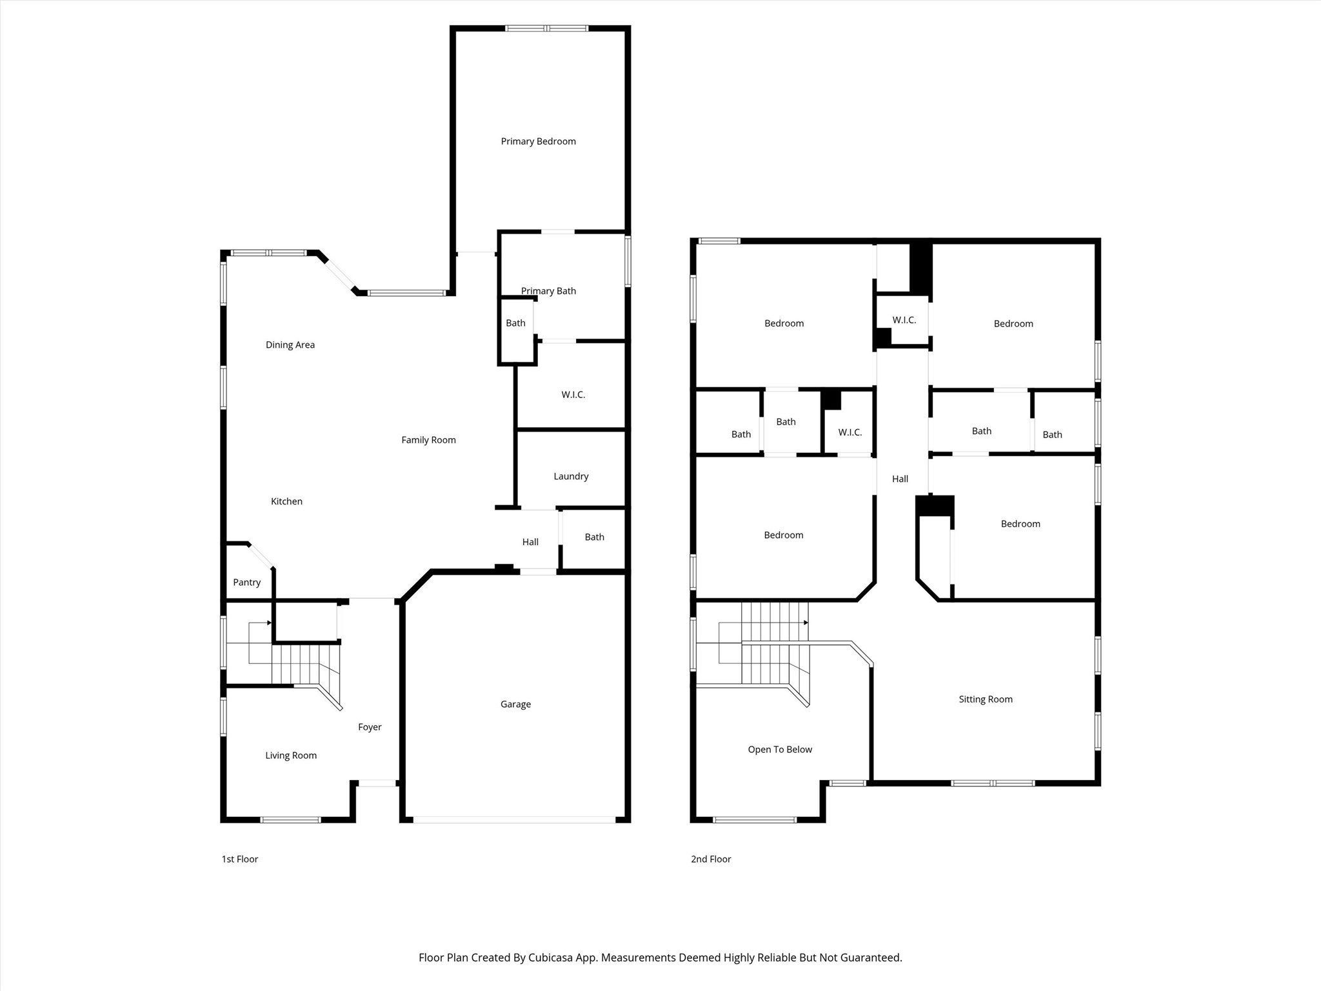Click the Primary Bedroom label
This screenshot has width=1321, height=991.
point(538,141)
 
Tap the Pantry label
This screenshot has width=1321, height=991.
point(246,582)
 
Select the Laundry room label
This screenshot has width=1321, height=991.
point(571,476)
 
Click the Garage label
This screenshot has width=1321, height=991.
point(515,704)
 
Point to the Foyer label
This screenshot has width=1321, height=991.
point(370,726)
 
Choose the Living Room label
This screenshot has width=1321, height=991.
point(291,755)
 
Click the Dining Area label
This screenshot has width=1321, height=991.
point(290,345)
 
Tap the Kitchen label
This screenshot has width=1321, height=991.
point(286,501)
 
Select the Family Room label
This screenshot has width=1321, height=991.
point(428,439)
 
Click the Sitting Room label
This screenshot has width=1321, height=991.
point(985,699)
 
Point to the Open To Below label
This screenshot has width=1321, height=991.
point(780,749)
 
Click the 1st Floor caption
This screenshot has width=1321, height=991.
point(240,859)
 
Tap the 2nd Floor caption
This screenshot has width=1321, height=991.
point(711,859)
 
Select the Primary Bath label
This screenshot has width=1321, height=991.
point(548,290)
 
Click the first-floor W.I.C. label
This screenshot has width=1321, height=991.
point(573,394)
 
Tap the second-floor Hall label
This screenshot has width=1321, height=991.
point(900,478)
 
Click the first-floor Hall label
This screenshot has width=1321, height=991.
point(530,541)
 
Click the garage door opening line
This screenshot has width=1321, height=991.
point(514,819)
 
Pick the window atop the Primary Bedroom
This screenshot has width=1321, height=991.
point(546,28)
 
